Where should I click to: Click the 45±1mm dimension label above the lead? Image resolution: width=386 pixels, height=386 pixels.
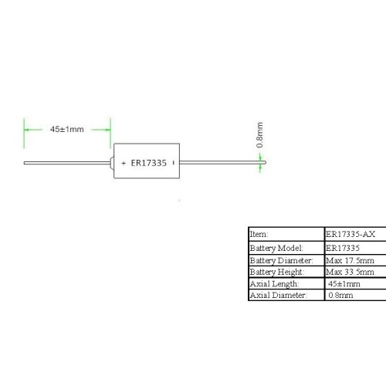coord(67,129)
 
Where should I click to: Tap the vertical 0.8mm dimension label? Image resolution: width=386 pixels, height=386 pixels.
coord(259,135)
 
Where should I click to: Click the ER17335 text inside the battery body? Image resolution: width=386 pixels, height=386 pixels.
coord(149,163)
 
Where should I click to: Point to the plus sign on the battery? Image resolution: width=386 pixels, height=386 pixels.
coord(124,163)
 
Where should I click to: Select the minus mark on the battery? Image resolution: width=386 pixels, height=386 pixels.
coord(174,163)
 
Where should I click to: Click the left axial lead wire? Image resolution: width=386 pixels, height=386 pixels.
coord(67,163)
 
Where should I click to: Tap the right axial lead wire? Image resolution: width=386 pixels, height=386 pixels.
coord(222,162)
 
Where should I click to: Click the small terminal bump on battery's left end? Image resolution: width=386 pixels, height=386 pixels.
coord(112,163)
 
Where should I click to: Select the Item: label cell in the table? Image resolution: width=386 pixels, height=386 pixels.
coord(259,234)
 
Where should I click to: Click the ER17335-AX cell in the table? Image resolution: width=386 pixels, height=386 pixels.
coord(350,234)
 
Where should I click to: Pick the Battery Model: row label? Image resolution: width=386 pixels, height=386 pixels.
coord(276,248)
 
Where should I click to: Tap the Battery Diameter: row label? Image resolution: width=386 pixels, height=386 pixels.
coord(281,260)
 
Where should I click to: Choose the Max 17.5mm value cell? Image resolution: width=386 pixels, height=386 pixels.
coord(350,260)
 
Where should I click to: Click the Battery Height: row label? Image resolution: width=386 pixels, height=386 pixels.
coord(277,272)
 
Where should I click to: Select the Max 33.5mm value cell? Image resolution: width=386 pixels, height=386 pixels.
coord(350,272)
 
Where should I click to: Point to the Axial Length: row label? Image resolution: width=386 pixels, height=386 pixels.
coord(274,284)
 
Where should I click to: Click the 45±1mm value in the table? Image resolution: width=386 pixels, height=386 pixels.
coord(344,284)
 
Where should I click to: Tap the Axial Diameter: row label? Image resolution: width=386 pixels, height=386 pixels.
coord(279,295)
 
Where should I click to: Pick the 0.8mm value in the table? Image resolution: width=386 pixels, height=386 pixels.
coord(340,295)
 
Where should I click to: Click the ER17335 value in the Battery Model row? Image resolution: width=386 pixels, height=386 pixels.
coord(343,248)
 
